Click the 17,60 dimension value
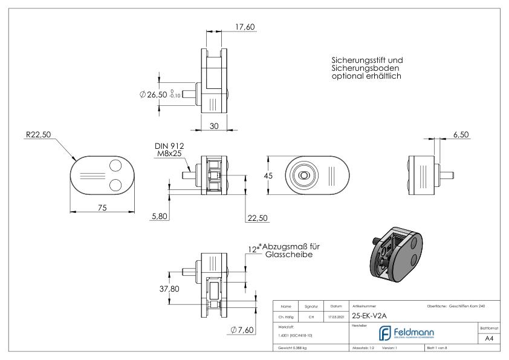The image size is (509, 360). tap(245, 26)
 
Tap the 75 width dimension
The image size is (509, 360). tap(102, 208)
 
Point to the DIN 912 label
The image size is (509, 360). tap(169, 145)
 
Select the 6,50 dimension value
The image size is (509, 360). tap(461, 134)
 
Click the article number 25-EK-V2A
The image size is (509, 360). tap(369, 315)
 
